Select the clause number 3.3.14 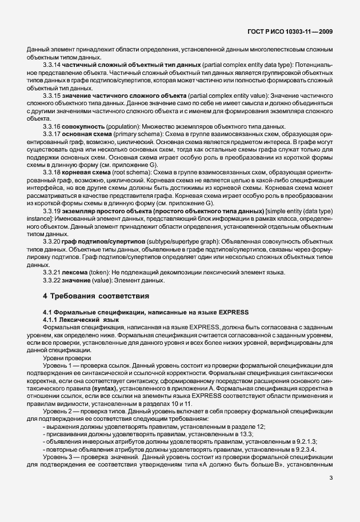pyautogui.click(x=53, y=65)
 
